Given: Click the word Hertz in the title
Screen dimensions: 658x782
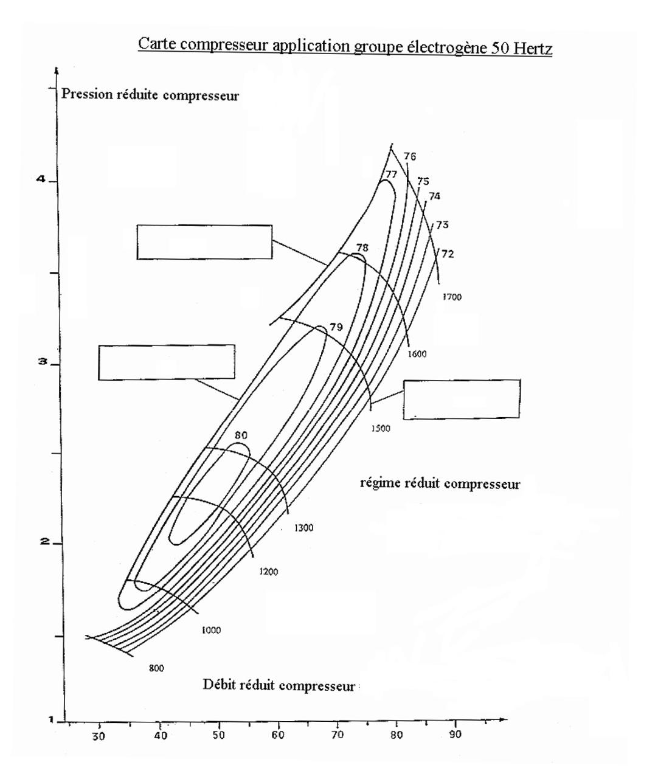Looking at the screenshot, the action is (533, 49).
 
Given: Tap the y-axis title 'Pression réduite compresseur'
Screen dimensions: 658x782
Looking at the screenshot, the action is (150, 95).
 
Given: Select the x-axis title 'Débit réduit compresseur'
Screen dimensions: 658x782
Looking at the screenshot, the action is (279, 685).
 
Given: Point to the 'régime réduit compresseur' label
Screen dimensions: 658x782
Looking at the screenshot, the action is (440, 483).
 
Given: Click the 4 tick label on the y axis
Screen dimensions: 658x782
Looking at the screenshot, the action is (41, 179).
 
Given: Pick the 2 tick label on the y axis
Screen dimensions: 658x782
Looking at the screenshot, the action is (45, 541).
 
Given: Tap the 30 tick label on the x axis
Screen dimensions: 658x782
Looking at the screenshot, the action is (99, 736).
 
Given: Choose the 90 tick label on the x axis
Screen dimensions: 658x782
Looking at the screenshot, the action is (455, 734).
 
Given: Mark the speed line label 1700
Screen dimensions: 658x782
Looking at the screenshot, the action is (452, 297).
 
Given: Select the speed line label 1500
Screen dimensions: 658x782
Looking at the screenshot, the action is (381, 428).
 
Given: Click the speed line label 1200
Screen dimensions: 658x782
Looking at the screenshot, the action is (269, 572).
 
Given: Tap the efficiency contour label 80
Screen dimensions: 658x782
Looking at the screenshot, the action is (241, 435).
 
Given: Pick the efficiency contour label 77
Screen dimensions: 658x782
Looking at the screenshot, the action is (391, 174).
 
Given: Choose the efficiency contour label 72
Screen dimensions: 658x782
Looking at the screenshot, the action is (448, 254).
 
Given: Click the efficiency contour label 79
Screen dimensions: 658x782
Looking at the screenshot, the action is (336, 327).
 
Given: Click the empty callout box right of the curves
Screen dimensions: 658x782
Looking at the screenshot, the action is (462, 400).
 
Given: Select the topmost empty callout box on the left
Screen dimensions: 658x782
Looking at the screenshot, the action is (204, 242).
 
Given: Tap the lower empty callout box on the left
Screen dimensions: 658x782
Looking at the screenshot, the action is (167, 362).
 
